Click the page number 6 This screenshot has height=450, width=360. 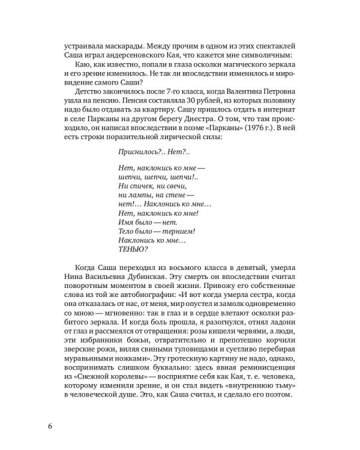(x=51, y=427)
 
